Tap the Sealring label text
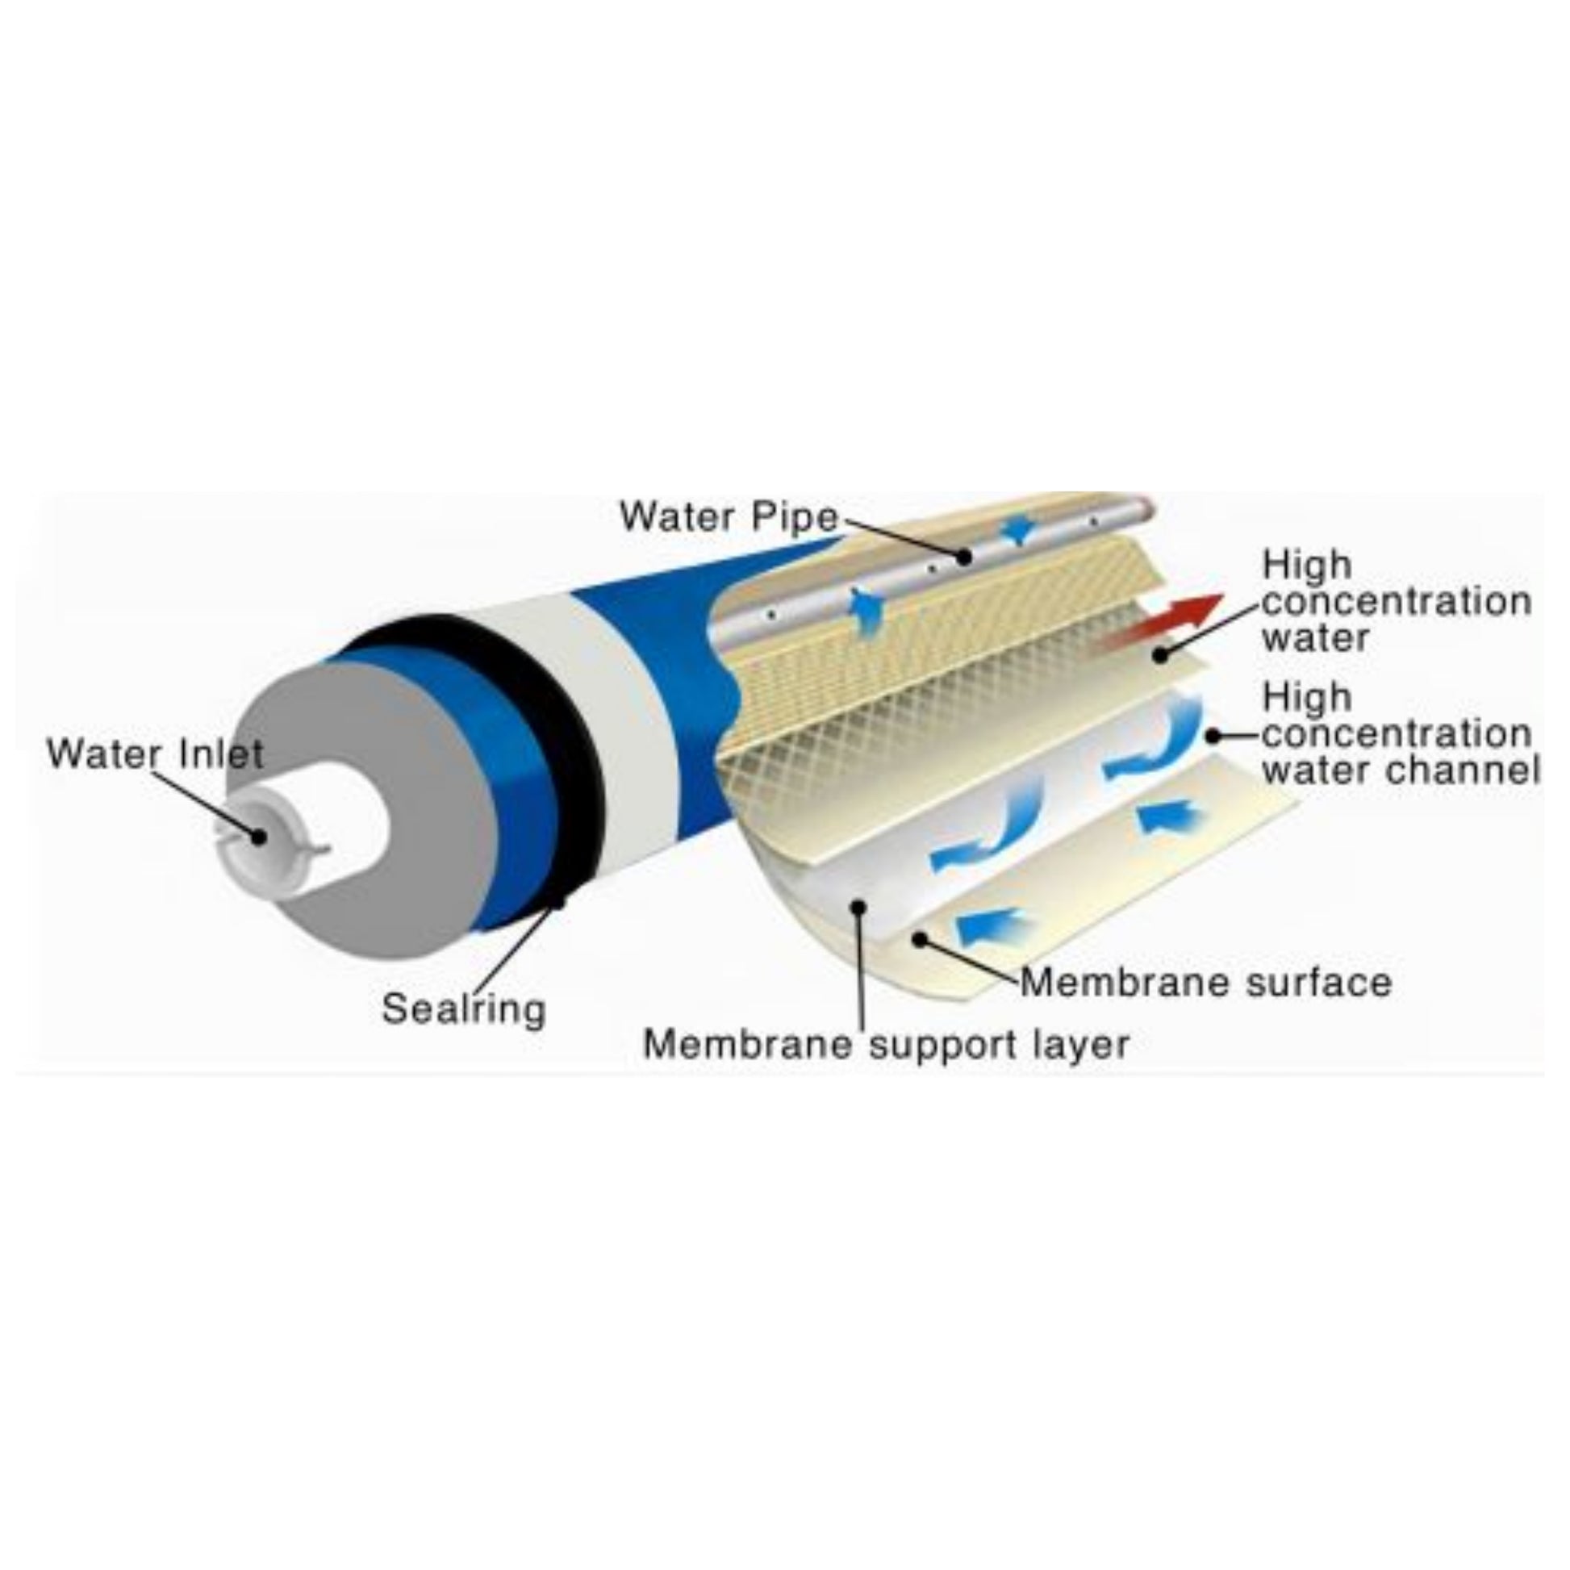point(463,1010)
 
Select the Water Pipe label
point(728,516)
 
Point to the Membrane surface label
point(1206,982)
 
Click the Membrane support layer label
point(886,1044)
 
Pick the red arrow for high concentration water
point(1158,622)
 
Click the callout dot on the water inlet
point(259,835)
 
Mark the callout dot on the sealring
point(557,902)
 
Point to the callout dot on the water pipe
point(964,557)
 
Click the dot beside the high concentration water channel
point(1213,737)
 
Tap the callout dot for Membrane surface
point(920,939)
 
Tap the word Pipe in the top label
point(796,518)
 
